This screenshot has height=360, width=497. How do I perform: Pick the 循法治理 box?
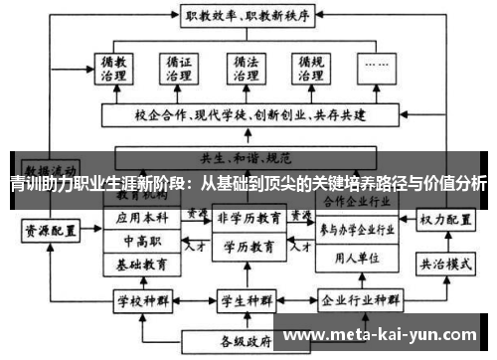click(x=245, y=72)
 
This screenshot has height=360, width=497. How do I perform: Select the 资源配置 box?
click(x=50, y=230)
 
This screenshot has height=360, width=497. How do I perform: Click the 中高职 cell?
click(x=142, y=241)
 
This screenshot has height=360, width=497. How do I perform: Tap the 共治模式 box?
click(x=442, y=267)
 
